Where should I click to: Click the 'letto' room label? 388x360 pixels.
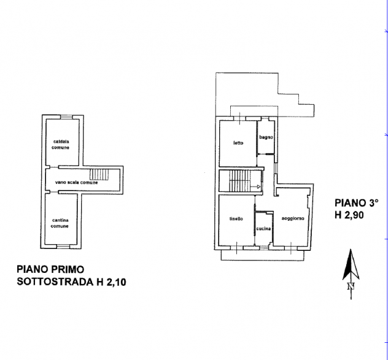click(x=238, y=143)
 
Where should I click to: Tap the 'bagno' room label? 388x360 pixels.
click(x=266, y=137)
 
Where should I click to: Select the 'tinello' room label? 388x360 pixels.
click(x=236, y=219)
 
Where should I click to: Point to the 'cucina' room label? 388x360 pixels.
click(x=263, y=229)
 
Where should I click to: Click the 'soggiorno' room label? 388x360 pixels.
click(x=293, y=218)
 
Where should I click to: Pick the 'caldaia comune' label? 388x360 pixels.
click(x=61, y=145)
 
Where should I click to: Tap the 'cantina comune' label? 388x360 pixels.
click(x=60, y=223)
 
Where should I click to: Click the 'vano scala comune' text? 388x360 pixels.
click(x=77, y=183)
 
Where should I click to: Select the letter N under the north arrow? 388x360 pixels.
click(x=351, y=286)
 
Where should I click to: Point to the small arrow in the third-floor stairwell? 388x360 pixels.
click(x=255, y=186)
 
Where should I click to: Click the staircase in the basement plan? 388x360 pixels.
click(x=99, y=175)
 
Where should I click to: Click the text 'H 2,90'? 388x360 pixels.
click(x=349, y=215)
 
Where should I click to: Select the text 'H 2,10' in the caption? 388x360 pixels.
click(x=111, y=282)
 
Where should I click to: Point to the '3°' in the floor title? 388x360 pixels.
click(x=371, y=203)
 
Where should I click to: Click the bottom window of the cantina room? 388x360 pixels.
click(x=63, y=247)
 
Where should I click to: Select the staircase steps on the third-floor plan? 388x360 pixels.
click(x=240, y=181)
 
